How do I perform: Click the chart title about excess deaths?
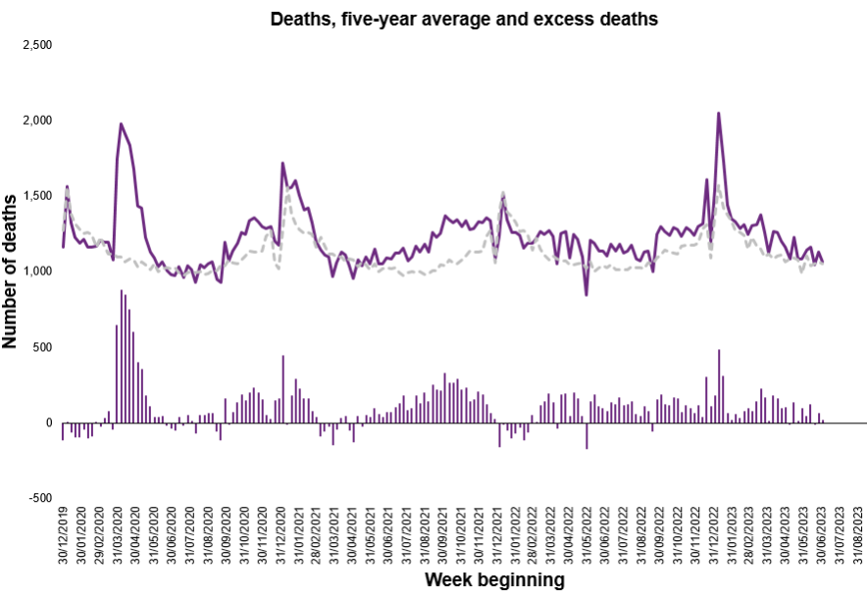[x=465, y=18]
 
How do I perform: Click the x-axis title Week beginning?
[x=494, y=580]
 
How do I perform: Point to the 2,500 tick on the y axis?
[x=36, y=45]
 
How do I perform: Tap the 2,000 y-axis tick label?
[x=36, y=121]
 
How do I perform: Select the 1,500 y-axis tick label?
[x=36, y=196]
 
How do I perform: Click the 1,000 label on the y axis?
[x=36, y=272]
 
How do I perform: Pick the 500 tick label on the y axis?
[x=42, y=347]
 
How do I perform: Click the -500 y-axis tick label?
[x=40, y=498]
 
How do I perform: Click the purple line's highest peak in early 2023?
[x=719, y=113]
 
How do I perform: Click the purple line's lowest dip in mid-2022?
[x=586, y=294]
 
